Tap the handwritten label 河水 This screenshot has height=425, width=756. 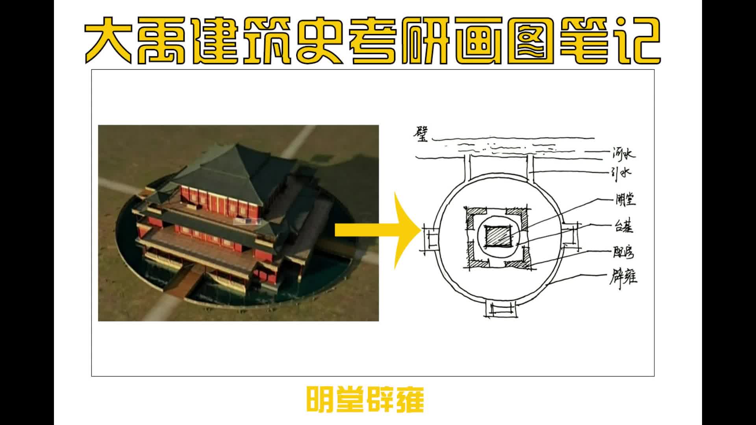[x=623, y=154]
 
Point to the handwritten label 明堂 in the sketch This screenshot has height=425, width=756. [x=625, y=200]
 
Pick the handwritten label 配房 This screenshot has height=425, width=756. [x=623, y=252]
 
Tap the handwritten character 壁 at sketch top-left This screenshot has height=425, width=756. [x=421, y=134]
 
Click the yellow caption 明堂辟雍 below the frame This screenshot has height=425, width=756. [x=365, y=400]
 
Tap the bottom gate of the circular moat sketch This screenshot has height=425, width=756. [x=500, y=309]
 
